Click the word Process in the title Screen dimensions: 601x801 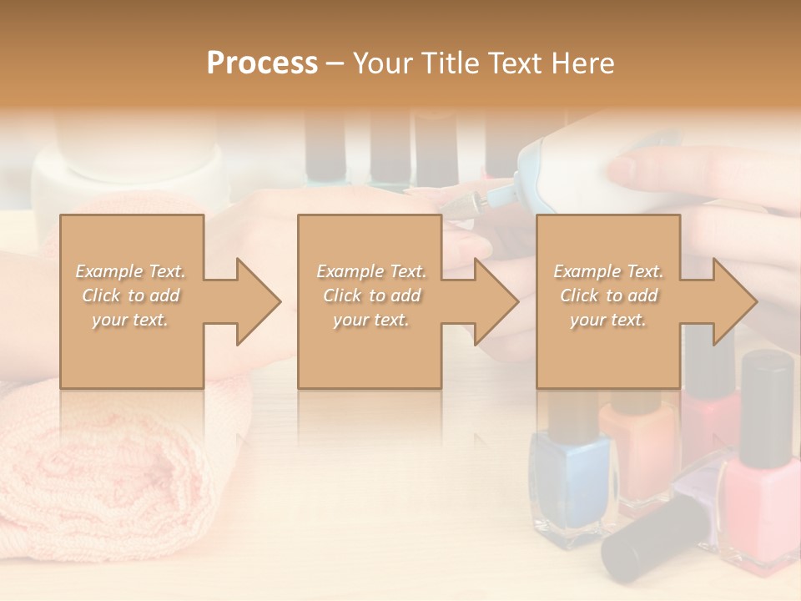pos(262,63)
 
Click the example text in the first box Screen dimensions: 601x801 pos(130,295)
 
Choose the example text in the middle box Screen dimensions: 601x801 pos(370,295)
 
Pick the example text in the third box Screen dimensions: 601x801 pos(608,295)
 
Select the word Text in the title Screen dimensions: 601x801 pos(515,63)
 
